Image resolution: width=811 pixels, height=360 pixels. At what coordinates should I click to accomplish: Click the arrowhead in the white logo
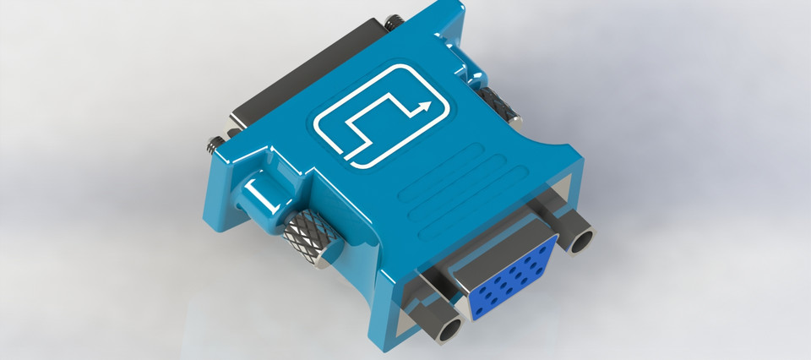(426, 106)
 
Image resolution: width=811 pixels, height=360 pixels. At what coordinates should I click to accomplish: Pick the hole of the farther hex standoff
(581, 242)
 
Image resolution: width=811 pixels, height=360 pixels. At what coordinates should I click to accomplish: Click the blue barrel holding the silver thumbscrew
(264, 201)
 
